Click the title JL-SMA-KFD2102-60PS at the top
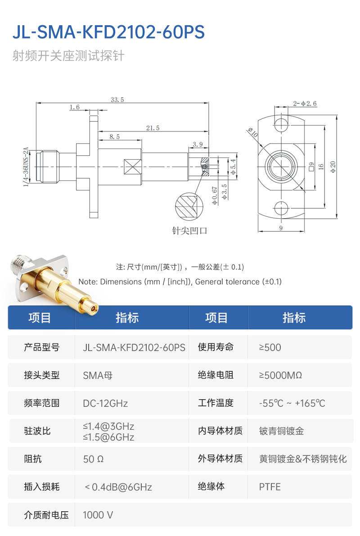108,32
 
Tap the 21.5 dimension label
153,128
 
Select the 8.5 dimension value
114,136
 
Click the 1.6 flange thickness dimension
75,107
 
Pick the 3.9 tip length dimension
198,144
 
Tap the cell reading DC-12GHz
105,403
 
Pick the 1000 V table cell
98,515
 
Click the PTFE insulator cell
270,487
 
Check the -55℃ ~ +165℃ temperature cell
292,403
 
